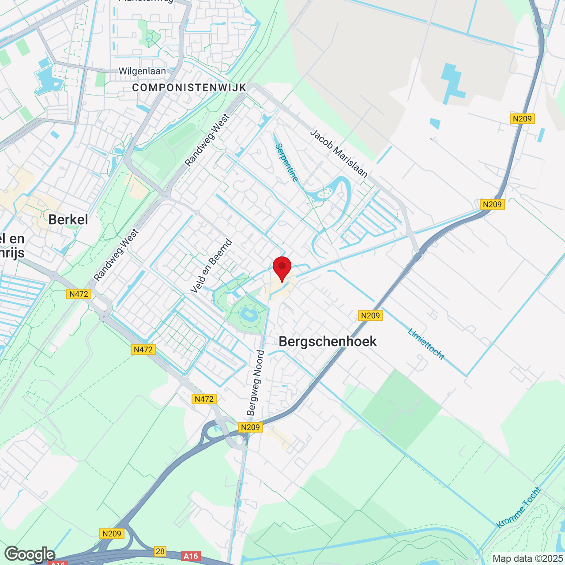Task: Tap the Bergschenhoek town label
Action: click(328, 341)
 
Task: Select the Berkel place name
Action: click(68, 219)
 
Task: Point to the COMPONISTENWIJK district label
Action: click(189, 88)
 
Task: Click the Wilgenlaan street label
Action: click(142, 71)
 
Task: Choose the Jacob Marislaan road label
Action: click(339, 153)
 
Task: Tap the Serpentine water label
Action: click(287, 162)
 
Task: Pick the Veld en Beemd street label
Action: click(211, 266)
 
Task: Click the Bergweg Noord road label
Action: click(256, 383)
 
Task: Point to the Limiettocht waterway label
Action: click(426, 344)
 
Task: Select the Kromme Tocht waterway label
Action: click(519, 508)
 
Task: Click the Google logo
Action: click(30, 554)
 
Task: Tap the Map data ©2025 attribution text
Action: click(527, 559)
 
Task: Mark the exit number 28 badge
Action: click(160, 551)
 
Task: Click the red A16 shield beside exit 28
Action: click(191, 556)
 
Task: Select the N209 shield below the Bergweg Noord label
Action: click(250, 427)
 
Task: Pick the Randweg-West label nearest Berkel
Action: click(116, 255)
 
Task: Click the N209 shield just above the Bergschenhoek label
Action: click(370, 315)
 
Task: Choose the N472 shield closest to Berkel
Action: click(79, 294)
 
